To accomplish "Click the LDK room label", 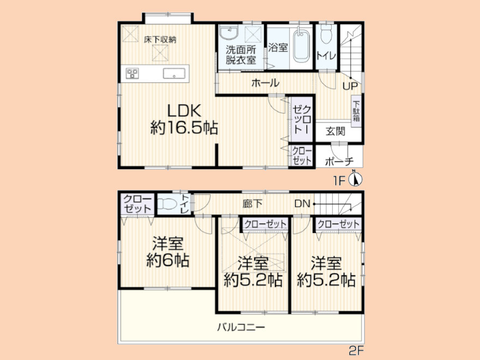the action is pyautogui.click(x=184, y=111).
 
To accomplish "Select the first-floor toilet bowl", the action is pyautogui.click(x=326, y=33).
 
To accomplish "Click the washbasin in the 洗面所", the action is pyautogui.click(x=229, y=33).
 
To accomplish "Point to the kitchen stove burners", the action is pyautogui.click(x=132, y=74).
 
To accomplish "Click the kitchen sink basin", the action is pyautogui.click(x=174, y=74).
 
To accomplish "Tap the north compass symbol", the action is pyautogui.click(x=356, y=179).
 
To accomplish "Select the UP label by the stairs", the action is pyautogui.click(x=350, y=86).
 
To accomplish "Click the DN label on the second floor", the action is pyautogui.click(x=302, y=203).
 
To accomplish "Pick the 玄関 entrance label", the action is pyautogui.click(x=335, y=131).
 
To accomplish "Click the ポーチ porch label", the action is pyautogui.click(x=339, y=161).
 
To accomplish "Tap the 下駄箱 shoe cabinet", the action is pyautogui.click(x=356, y=110).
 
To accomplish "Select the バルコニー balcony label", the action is pyautogui.click(x=241, y=327).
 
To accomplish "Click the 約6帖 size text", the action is pyautogui.click(x=167, y=261).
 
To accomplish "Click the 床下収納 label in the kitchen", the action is pyautogui.click(x=160, y=39).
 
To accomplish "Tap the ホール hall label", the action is pyautogui.click(x=266, y=83).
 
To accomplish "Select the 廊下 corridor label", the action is pyautogui.click(x=253, y=203).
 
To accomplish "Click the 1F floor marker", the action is pyautogui.click(x=339, y=181).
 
